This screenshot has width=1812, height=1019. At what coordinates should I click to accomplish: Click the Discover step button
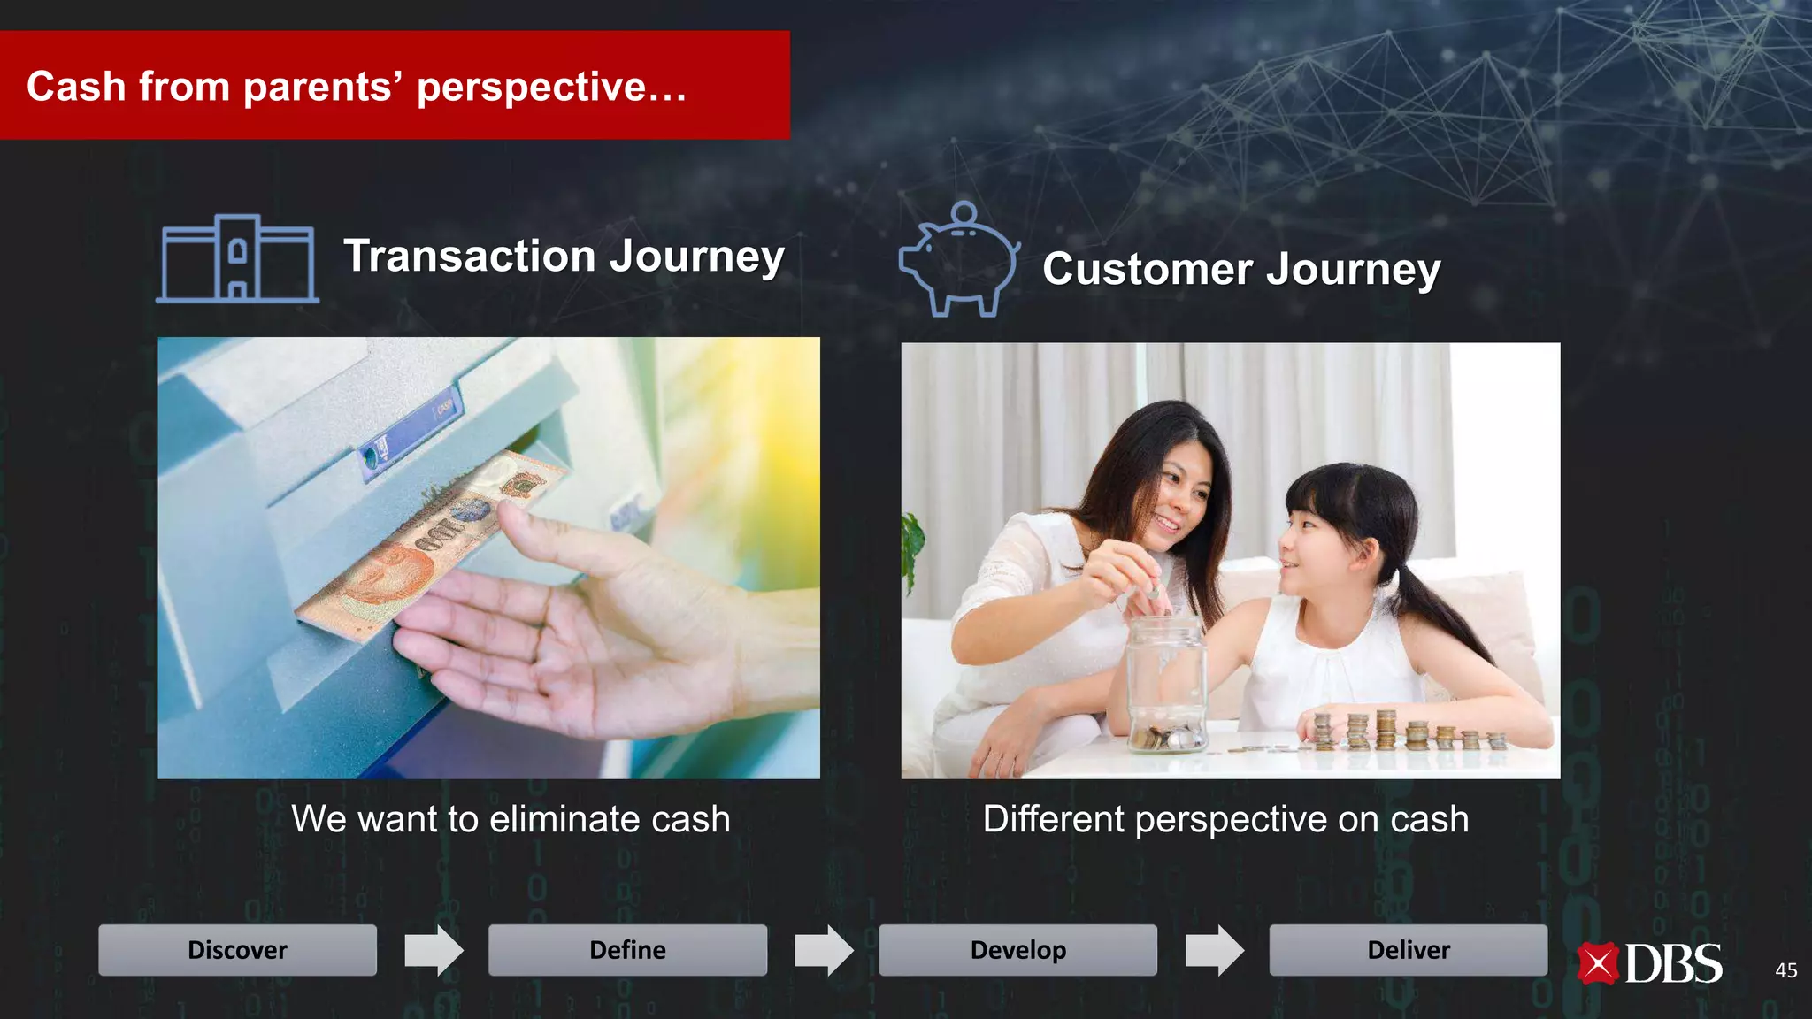237,950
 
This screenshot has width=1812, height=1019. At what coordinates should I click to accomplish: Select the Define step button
627,950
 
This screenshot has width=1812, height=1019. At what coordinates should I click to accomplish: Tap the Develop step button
1017,950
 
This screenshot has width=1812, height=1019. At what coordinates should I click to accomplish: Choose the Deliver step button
1408,950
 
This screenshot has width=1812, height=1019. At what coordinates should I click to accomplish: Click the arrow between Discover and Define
434,950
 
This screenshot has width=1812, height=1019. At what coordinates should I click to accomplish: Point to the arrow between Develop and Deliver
1214,950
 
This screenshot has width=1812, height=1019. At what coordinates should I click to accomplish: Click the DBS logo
1650,963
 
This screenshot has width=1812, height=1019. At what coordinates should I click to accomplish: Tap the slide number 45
1785,970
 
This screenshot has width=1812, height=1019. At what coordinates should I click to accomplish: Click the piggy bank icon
959,260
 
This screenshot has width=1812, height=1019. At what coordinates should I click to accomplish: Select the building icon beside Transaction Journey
237,258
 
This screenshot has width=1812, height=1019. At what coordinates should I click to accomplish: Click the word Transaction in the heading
469,256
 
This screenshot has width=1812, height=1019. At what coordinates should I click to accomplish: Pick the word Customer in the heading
1147,269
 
